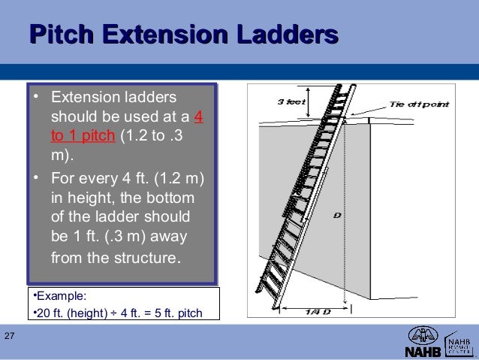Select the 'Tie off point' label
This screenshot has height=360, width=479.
420,104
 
